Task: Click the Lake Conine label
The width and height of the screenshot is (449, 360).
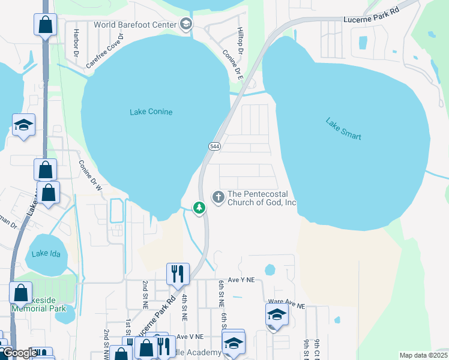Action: coord(151,112)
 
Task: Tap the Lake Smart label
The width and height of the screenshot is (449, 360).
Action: coord(343,128)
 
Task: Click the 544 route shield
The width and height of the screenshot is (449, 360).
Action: coord(214,146)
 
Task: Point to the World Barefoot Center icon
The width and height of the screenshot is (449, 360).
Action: coord(185,24)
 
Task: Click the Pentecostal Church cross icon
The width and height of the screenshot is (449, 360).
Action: coord(218,196)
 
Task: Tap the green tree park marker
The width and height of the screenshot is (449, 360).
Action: coord(199,208)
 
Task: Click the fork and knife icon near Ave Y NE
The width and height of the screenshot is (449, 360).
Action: coord(178,274)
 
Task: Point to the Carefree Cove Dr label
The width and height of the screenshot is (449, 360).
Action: coord(104,50)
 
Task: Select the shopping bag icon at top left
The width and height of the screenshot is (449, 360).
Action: coord(45,25)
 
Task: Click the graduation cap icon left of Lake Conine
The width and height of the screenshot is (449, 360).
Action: coord(23,124)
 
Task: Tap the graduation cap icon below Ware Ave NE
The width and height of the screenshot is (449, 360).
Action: coord(277,314)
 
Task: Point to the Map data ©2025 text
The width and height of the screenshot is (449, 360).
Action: coord(423,355)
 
